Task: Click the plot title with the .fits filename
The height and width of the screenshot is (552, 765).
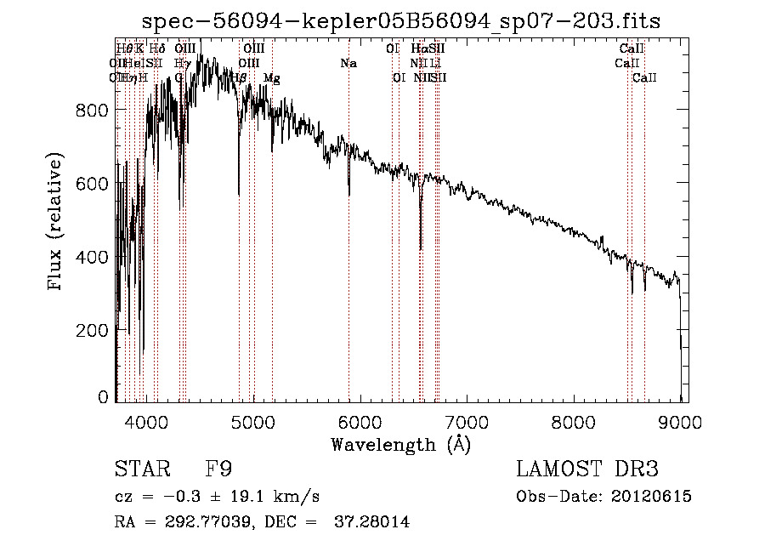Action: point(401,20)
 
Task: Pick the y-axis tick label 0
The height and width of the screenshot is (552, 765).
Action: point(103,397)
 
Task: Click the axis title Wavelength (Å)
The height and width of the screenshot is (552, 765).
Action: point(400,444)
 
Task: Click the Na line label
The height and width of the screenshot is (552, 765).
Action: point(348,64)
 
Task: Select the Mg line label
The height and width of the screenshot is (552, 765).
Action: point(272,78)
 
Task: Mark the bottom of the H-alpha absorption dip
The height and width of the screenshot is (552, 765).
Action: point(421,248)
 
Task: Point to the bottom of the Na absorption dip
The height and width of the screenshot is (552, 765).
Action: point(349,195)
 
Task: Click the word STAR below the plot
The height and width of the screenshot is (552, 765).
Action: point(141,469)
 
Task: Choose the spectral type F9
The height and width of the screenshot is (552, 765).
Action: point(219,469)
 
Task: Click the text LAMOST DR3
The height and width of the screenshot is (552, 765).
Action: point(587,469)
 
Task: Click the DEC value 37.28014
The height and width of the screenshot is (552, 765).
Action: point(374,522)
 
